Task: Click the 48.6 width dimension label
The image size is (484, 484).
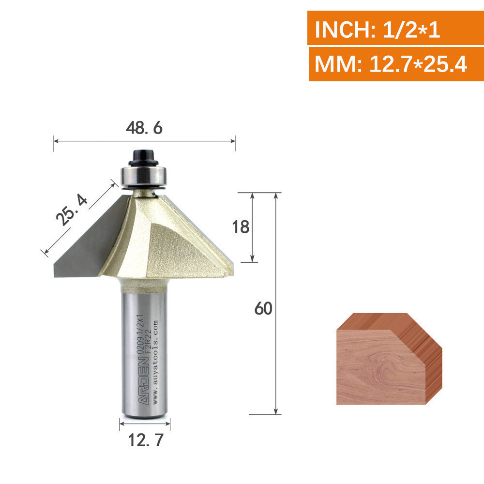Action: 144,128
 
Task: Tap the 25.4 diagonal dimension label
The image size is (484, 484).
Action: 72,210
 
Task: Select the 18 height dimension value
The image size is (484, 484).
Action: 241,227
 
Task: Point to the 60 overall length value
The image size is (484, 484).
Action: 263,308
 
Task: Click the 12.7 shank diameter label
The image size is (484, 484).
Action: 145,440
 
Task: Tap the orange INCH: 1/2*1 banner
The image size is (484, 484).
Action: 395,28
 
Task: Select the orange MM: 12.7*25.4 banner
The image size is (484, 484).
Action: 396,64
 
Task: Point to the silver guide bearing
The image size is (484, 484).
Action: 144,176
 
